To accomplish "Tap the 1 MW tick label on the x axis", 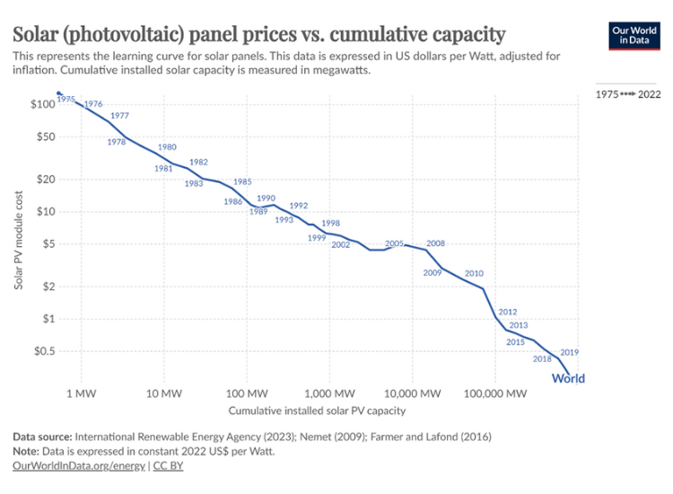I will (x=82, y=393).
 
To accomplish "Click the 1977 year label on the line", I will (x=119, y=117).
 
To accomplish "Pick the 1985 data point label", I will (x=242, y=181).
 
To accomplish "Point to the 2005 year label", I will (x=394, y=243).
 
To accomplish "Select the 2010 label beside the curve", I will (x=474, y=273).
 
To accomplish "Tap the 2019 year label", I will (x=569, y=352).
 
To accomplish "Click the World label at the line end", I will (x=568, y=378).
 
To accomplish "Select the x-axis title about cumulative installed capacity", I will (x=317, y=411).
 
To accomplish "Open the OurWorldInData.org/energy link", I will (x=79, y=466).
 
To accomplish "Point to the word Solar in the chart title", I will (x=36, y=35).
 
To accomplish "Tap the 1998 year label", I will (x=330, y=223).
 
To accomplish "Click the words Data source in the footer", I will (x=41, y=437).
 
